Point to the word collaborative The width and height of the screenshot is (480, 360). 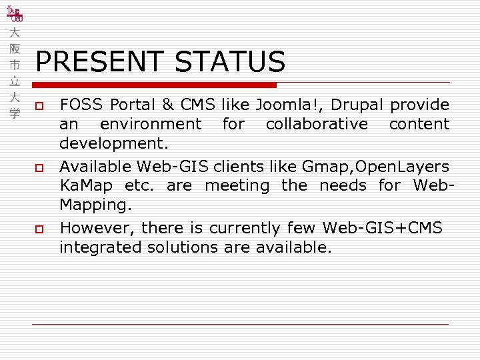(317, 124)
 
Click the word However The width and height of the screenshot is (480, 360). (97, 228)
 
